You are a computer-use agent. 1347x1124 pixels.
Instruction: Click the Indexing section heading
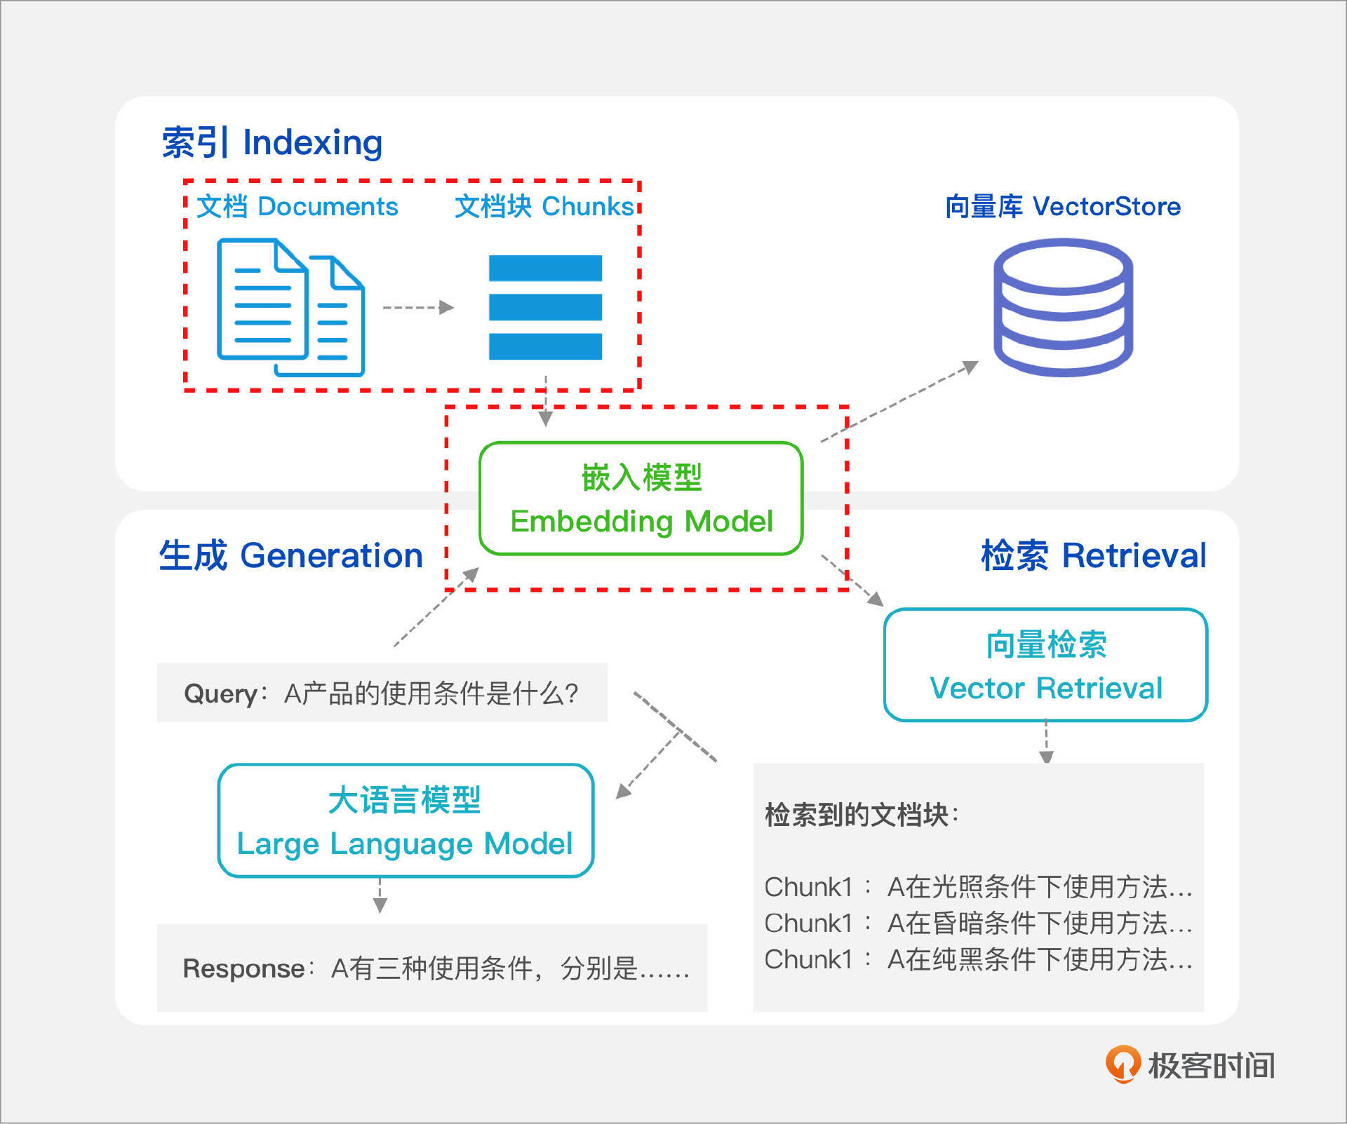(272, 142)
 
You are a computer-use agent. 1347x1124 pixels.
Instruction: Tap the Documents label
(297, 207)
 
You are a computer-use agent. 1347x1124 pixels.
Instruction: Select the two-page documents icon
(290, 307)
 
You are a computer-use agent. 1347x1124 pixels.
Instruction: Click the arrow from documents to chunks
(418, 307)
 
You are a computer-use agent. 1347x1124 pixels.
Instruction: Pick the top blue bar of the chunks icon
(545, 268)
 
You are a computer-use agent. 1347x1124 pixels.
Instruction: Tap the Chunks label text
(544, 207)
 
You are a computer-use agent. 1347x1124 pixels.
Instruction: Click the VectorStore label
(1062, 207)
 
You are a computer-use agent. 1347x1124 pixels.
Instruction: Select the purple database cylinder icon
(1063, 307)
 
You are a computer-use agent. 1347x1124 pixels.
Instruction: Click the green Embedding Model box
(641, 499)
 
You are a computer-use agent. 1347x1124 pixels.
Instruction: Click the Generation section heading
(290, 555)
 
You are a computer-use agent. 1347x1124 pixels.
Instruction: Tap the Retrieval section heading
(1093, 555)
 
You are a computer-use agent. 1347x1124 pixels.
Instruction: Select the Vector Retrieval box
(1045, 665)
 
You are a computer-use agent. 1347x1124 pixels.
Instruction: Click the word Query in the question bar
(220, 693)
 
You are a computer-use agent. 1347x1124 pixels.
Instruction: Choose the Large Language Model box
(406, 821)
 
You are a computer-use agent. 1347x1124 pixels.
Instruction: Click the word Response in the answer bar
(243, 968)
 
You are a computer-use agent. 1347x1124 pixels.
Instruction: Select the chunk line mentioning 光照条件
(978, 887)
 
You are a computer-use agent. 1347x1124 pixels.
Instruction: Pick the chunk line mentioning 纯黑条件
(978, 959)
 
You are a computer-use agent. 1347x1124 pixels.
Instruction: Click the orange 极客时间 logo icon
(1122, 1064)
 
